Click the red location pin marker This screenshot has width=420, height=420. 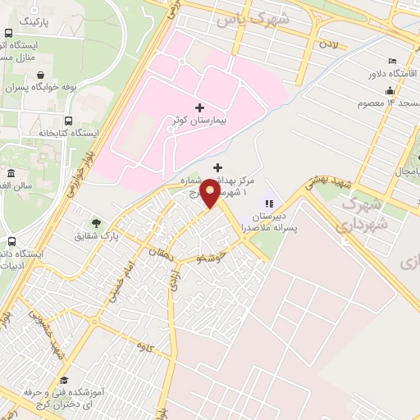211,194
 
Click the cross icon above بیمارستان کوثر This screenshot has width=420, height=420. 199,107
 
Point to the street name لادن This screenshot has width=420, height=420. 330,40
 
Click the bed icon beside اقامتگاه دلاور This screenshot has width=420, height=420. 391,62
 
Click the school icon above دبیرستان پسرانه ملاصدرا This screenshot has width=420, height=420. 267,203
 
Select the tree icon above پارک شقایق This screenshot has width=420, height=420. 97,222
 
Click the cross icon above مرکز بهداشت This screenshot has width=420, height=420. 217,167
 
